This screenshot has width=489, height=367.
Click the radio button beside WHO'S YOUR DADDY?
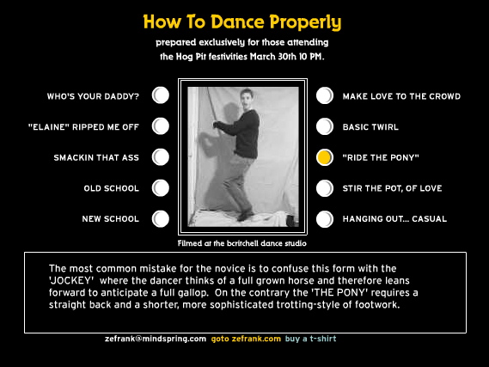161,95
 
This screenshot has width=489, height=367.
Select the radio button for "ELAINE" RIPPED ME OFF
161,126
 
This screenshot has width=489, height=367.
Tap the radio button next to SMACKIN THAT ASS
161,156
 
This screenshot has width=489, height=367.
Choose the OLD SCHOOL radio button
161,188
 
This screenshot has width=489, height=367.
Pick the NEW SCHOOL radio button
161,218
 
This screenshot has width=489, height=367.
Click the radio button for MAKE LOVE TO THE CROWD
325,95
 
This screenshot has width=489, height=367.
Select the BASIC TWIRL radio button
325,126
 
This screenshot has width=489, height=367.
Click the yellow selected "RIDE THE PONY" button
325,157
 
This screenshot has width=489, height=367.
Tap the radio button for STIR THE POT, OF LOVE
325,188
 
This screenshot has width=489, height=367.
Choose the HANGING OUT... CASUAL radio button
325,219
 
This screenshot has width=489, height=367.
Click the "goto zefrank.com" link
246,339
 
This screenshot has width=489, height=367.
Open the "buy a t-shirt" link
310,339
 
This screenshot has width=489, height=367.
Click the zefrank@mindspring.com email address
156,339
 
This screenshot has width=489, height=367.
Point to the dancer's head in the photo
247,98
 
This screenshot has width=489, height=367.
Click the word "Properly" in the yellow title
305,22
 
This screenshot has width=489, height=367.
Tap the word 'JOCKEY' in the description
71,280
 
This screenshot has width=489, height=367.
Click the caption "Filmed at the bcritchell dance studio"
242,243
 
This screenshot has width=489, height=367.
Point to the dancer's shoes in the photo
246,216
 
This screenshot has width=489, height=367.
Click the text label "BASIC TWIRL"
370,127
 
